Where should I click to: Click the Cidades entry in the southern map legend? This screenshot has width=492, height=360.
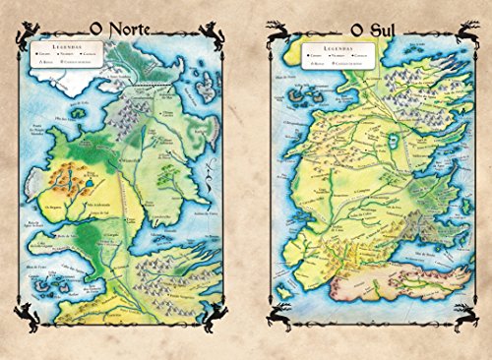pyautogui.click(x=312, y=56)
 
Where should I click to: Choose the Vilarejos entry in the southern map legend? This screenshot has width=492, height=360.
pyautogui.click(x=338, y=56)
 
